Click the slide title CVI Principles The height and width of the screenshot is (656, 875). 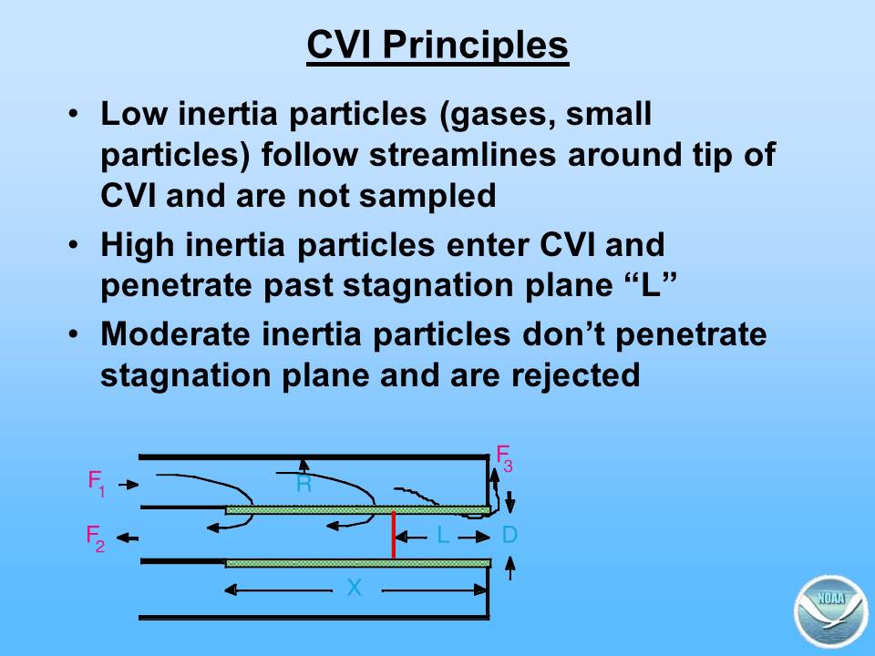(x=437, y=46)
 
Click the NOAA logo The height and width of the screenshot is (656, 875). (x=831, y=611)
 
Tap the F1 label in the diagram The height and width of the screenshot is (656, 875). (x=97, y=483)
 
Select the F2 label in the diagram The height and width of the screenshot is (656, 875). (x=96, y=538)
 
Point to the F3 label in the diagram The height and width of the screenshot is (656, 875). (x=504, y=458)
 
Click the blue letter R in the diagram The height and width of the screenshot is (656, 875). (x=304, y=484)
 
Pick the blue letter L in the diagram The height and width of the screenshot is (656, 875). (x=443, y=536)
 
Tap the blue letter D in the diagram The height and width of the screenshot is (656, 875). (x=510, y=536)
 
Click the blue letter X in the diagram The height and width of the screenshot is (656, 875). (x=354, y=588)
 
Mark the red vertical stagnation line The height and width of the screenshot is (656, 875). (x=394, y=535)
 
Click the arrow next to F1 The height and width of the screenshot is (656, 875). (x=129, y=484)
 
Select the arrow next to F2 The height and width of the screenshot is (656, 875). (x=128, y=538)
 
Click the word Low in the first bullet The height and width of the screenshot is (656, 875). (x=134, y=114)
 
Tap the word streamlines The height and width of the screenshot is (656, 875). (x=463, y=155)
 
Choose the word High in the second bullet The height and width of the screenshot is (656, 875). (x=138, y=245)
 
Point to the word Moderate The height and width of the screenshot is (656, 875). (x=175, y=334)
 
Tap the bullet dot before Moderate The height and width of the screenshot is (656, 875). (x=74, y=334)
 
